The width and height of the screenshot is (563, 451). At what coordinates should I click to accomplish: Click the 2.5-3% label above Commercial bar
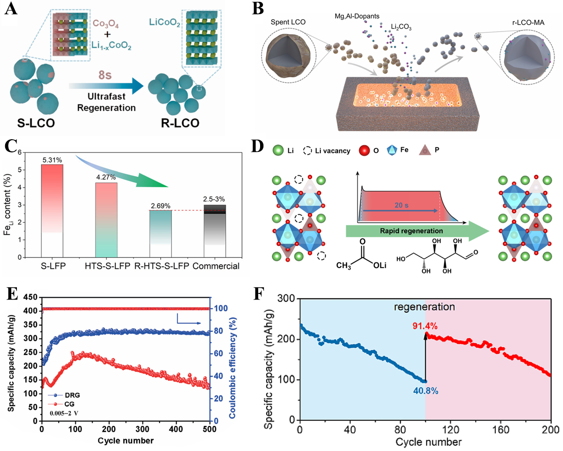[215, 200]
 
